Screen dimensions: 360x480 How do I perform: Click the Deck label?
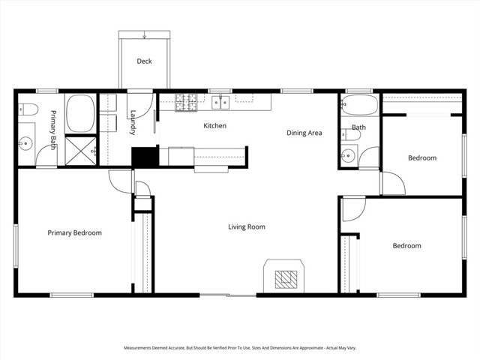pos(144,61)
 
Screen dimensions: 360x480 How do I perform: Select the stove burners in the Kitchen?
pos(186,103)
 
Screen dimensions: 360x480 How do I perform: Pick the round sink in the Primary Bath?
pos(26,142)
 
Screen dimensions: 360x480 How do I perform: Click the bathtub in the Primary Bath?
pos(79,113)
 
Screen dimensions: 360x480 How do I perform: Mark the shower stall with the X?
pos(79,151)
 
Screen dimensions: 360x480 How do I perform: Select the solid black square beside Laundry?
pos(142,156)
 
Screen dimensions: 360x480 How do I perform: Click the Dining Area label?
pos(304,133)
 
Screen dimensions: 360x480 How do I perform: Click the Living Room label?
pos(247,226)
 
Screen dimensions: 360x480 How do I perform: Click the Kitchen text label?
pos(214,126)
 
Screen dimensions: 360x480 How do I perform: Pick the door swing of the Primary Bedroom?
pos(121,181)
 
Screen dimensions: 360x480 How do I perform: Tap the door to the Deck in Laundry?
pos(139,102)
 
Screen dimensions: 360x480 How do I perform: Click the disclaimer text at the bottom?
pos(240,348)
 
